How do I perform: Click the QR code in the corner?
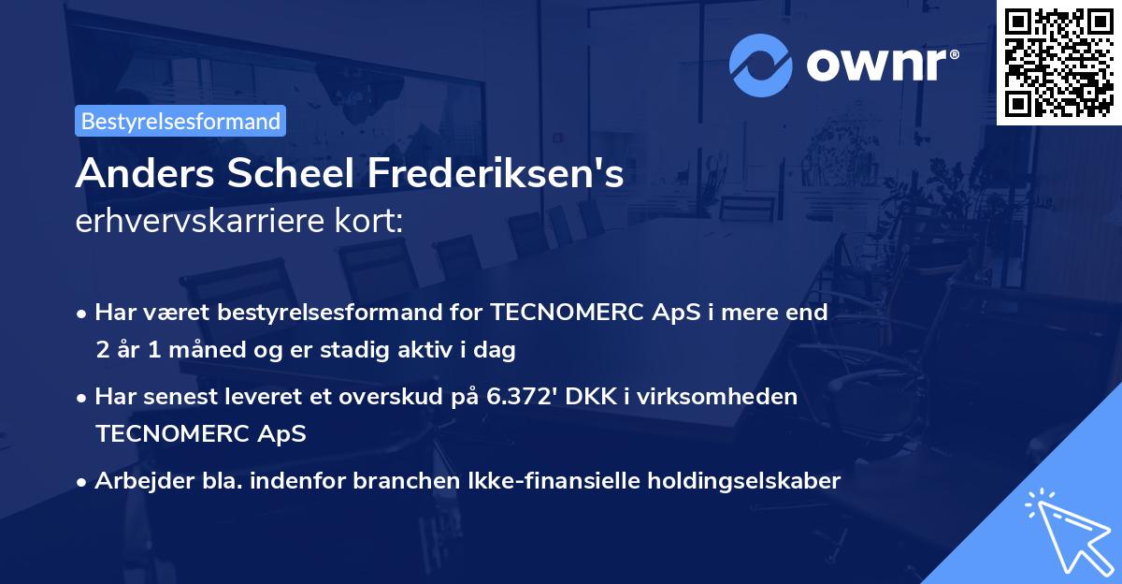tap(1058, 63)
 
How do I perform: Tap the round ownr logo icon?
tap(760, 64)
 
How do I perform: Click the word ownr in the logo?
tap(875, 65)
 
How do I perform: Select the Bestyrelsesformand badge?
tap(180, 121)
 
